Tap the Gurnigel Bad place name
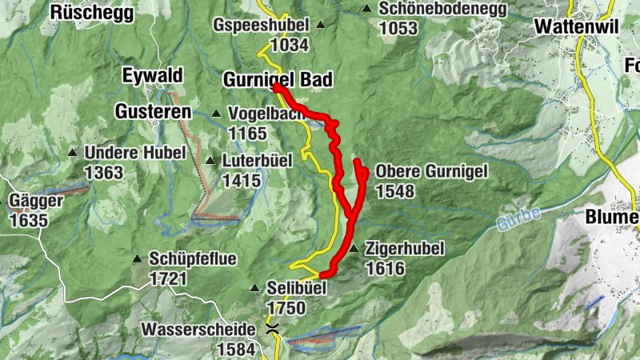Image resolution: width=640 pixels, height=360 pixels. pyautogui.click(x=276, y=79)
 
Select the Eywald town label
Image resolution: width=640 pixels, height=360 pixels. pyautogui.click(x=152, y=76)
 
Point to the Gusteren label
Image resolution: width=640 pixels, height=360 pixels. pyautogui.click(x=153, y=111)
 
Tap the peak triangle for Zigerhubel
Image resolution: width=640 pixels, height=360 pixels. pyautogui.click(x=354, y=250)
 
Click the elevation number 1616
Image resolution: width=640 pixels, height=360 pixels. pyautogui.click(x=384, y=269)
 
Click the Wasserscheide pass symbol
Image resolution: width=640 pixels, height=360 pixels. pyautogui.click(x=273, y=328)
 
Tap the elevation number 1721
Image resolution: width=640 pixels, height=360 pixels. pyautogui.click(x=168, y=278)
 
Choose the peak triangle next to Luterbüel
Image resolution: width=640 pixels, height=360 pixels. pyautogui.click(x=210, y=161)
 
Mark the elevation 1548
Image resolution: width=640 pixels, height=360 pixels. pyautogui.click(x=394, y=190)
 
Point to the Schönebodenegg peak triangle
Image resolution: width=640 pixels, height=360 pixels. pyautogui.click(x=366, y=9)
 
